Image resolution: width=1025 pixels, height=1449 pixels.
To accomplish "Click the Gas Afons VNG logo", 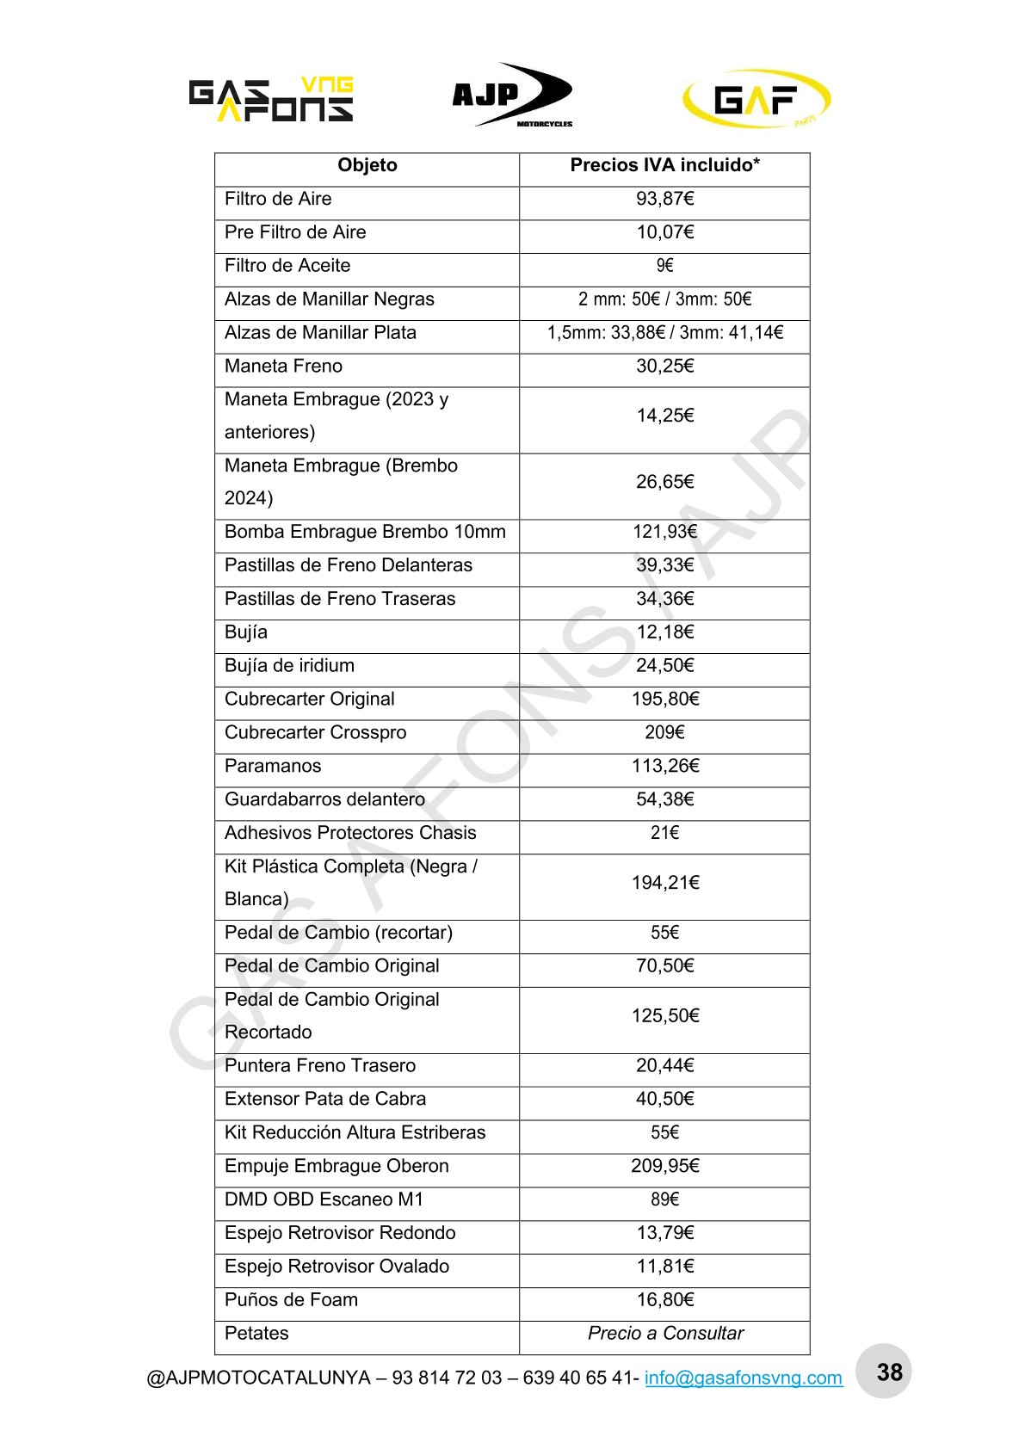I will [271, 99].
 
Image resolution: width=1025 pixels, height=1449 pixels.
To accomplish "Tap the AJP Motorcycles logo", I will [513, 96].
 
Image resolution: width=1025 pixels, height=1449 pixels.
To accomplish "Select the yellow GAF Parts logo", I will [756, 99].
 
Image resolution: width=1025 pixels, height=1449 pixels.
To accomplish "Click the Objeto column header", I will [367, 165].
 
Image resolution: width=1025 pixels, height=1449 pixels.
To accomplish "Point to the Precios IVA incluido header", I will [664, 165].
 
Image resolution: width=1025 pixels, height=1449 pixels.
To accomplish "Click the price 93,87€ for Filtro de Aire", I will [664, 199].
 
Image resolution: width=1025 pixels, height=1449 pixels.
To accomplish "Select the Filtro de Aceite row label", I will [287, 266].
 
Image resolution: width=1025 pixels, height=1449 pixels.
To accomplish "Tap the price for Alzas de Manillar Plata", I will [664, 333].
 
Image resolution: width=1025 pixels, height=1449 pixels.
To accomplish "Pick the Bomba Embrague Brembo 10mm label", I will [365, 532].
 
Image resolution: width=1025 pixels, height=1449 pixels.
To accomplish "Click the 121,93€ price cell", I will [664, 532].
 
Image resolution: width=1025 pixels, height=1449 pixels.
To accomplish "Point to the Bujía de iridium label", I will [289, 666].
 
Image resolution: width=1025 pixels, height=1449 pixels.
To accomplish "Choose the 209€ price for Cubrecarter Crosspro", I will [664, 733].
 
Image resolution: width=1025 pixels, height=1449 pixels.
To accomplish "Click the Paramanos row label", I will [273, 767].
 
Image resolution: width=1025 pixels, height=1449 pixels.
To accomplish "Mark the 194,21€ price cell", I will [664, 883].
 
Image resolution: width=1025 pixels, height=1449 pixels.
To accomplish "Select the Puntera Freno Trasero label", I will [320, 1066].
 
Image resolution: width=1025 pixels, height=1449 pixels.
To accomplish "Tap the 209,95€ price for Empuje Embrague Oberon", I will [664, 1167].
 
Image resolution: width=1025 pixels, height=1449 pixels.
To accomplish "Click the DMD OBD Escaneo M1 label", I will [324, 1200].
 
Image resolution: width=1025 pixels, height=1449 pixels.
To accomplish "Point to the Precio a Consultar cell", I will [664, 1334].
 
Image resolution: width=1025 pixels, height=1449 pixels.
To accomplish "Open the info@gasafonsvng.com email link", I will [743, 1378].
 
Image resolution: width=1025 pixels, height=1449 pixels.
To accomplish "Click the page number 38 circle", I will [889, 1372].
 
